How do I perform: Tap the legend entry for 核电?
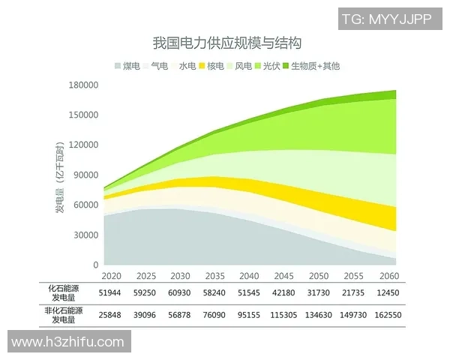212,66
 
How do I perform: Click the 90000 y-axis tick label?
85,175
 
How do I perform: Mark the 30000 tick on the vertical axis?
85,235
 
